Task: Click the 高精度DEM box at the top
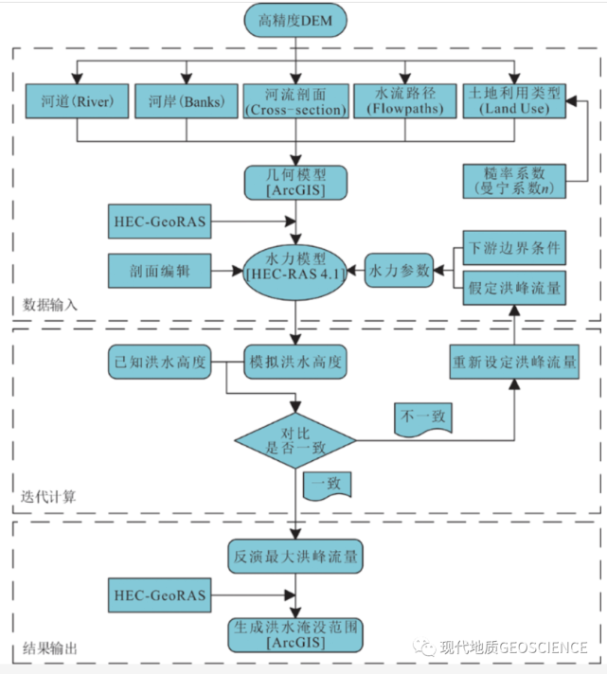click(295, 20)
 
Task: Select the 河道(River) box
click(77, 101)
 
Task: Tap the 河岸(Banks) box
click(187, 101)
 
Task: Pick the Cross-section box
click(295, 101)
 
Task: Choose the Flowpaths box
click(405, 101)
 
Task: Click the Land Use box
click(514, 101)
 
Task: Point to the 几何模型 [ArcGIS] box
click(295, 183)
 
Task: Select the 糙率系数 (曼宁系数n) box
click(514, 181)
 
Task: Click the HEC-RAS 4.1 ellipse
click(295, 271)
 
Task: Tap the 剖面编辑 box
click(159, 271)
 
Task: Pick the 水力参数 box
click(399, 271)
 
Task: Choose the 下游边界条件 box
click(514, 248)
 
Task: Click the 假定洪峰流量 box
click(514, 288)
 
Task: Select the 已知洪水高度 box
click(159, 362)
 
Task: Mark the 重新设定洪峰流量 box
click(514, 362)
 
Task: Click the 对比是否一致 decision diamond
click(295, 440)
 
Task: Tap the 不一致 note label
click(423, 420)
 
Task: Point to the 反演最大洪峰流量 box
click(295, 557)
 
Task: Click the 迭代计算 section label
click(48, 497)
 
